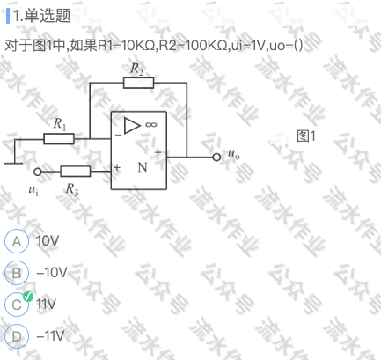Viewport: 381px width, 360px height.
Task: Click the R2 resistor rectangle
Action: point(138,83)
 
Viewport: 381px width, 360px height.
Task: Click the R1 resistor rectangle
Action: point(59,139)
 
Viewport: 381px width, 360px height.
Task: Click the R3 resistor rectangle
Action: point(76,172)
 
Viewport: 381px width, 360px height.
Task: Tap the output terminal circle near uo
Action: point(216,158)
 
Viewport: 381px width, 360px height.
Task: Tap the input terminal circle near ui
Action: point(38,172)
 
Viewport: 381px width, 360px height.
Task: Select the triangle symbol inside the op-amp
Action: point(132,126)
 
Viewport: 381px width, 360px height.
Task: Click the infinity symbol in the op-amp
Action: point(151,125)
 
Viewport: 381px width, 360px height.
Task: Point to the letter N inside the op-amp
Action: point(143,167)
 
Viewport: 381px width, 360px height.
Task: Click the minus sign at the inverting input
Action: point(118,136)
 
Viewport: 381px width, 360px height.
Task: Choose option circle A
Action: point(17,241)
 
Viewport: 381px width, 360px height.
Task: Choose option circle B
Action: point(17,273)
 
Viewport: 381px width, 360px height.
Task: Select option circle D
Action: point(17,336)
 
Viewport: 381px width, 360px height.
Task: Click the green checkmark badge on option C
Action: point(28,297)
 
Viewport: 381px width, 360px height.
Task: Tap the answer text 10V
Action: point(48,241)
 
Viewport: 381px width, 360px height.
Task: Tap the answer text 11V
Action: point(46,304)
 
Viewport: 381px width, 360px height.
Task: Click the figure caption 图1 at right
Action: point(306,136)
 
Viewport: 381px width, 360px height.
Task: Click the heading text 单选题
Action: point(48,15)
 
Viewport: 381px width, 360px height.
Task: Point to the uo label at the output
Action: point(234,153)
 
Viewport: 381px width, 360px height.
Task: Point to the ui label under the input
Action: point(33,190)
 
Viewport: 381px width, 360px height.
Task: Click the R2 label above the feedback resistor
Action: point(136,69)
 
